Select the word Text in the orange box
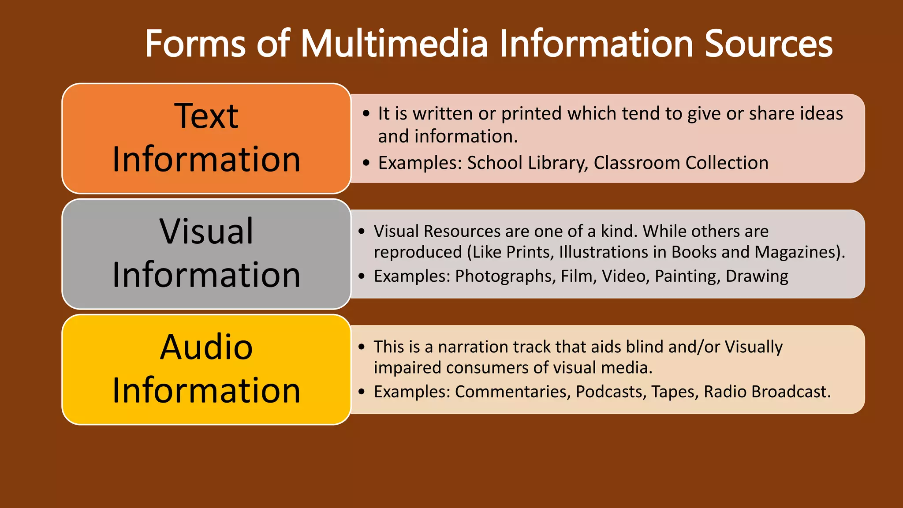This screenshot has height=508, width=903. [206, 116]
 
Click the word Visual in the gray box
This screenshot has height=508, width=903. [206, 232]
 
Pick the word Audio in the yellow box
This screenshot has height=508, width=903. [206, 347]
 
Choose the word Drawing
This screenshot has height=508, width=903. [757, 276]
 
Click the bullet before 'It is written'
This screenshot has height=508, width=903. [366, 114]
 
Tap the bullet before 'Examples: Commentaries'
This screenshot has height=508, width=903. [362, 392]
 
